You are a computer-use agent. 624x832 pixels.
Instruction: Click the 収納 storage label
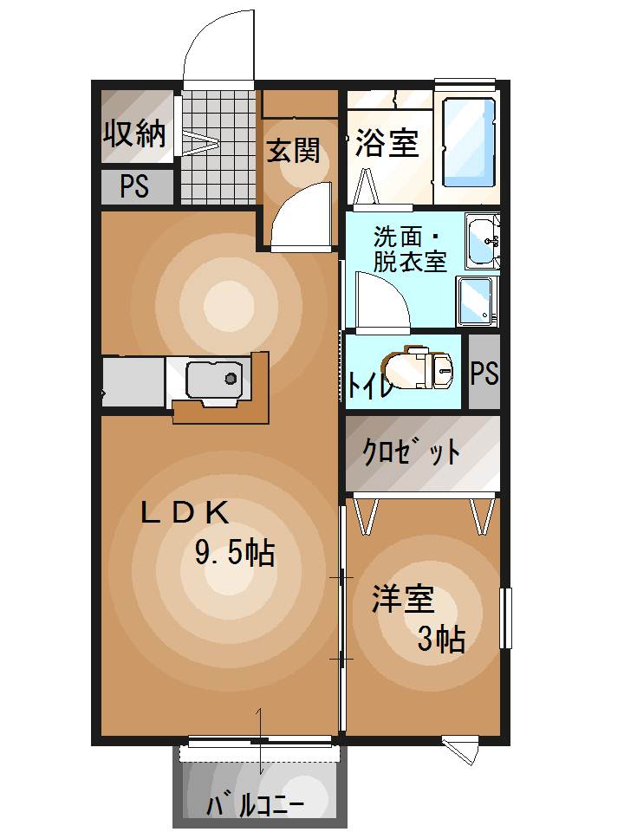pyautogui.click(x=135, y=133)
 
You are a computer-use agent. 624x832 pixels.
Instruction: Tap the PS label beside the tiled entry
pyautogui.click(x=134, y=187)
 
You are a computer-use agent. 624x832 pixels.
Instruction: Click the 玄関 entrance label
pyautogui.click(x=293, y=151)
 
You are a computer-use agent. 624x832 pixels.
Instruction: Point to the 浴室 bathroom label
pyautogui.click(x=387, y=143)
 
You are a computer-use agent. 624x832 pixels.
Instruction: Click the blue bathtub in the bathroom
pyautogui.click(x=469, y=142)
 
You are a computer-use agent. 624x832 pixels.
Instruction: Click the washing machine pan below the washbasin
pyautogui.click(x=477, y=300)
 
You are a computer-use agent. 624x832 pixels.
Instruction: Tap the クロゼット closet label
pyautogui.click(x=410, y=452)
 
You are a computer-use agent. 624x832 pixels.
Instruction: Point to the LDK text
pyautogui.click(x=185, y=513)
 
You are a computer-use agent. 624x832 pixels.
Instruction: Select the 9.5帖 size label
pyautogui.click(x=235, y=552)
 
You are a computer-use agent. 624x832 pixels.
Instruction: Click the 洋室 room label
pyautogui.click(x=403, y=600)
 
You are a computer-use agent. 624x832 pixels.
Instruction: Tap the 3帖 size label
pyautogui.click(x=441, y=639)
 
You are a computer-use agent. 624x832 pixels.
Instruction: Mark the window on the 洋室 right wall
pyautogui.click(x=505, y=618)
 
